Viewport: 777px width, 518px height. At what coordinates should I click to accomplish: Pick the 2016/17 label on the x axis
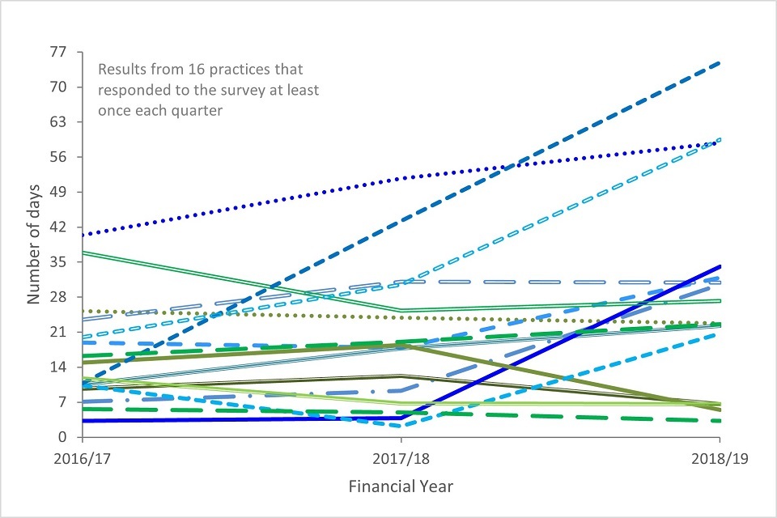coord(81,458)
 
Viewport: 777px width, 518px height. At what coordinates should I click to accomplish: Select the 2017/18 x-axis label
coord(401,458)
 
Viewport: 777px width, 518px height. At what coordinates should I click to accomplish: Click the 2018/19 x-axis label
coord(720,458)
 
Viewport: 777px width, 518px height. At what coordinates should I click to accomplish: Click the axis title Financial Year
coord(401,487)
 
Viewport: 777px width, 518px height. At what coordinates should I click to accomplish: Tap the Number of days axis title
coord(34,244)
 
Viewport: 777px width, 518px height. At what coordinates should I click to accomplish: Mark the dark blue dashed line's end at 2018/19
coord(720,63)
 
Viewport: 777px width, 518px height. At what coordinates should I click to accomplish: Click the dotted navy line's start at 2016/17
coord(82,236)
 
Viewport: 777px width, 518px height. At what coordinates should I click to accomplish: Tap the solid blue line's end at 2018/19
coord(720,266)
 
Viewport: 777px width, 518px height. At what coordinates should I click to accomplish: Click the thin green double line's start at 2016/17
coord(82,253)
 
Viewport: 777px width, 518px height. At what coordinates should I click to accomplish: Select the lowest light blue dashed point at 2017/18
coord(401,426)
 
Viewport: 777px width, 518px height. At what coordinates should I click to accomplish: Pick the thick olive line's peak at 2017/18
coord(401,346)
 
